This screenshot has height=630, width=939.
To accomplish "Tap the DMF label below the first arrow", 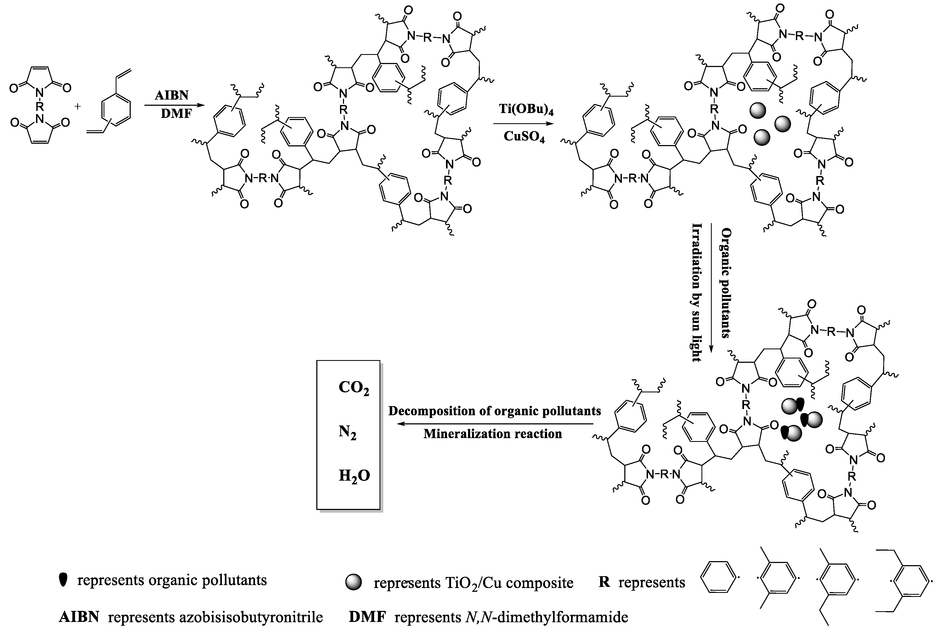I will pos(176,114).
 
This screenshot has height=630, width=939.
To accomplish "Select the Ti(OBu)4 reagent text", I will pos(526,109).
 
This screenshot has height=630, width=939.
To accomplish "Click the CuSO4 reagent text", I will pos(524,137).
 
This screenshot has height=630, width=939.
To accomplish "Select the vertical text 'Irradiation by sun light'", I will pos(697,293).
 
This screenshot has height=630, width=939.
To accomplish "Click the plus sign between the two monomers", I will pos(77,107).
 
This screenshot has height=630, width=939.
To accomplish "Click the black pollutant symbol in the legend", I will pos(63,579).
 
